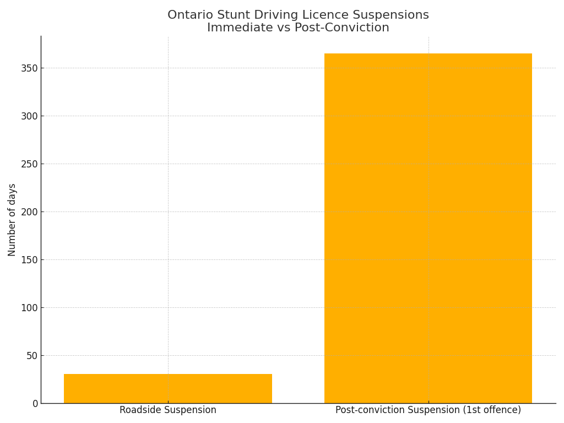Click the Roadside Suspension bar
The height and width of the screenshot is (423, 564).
[168, 388]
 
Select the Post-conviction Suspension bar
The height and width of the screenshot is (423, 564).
[428, 228]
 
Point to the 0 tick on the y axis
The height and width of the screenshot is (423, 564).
[35, 404]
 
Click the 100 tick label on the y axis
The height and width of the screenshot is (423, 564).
[30, 308]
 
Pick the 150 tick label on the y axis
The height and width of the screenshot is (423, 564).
[30, 260]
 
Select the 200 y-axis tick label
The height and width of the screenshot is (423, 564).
[30, 212]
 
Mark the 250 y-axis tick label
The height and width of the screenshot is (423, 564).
[30, 164]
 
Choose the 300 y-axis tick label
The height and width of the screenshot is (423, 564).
[30, 116]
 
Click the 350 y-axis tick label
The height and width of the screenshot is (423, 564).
[30, 68]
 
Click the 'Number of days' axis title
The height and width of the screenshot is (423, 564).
[12, 220]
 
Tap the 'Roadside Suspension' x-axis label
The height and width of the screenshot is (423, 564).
[168, 410]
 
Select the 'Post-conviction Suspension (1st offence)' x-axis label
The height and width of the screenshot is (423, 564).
[428, 410]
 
